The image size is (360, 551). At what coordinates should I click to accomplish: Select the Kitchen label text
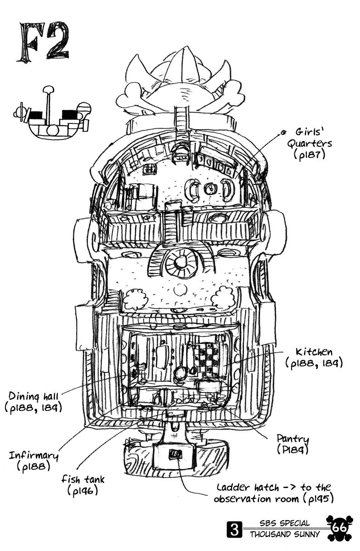click(x=314, y=353)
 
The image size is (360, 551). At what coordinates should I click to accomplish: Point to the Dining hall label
click(x=33, y=396)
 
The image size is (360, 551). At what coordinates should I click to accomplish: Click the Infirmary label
click(x=34, y=456)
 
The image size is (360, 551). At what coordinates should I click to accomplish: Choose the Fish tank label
click(x=83, y=480)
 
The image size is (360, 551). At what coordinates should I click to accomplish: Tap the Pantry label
click(x=292, y=439)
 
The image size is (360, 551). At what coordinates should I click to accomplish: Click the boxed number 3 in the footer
click(x=235, y=531)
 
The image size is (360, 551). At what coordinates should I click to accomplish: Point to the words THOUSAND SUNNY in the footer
click(x=280, y=534)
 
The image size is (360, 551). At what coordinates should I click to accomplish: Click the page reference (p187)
click(x=309, y=155)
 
